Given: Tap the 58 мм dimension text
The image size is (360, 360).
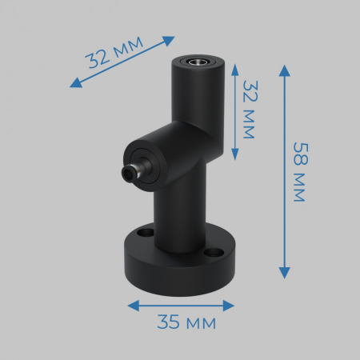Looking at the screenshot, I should click(x=298, y=171).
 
